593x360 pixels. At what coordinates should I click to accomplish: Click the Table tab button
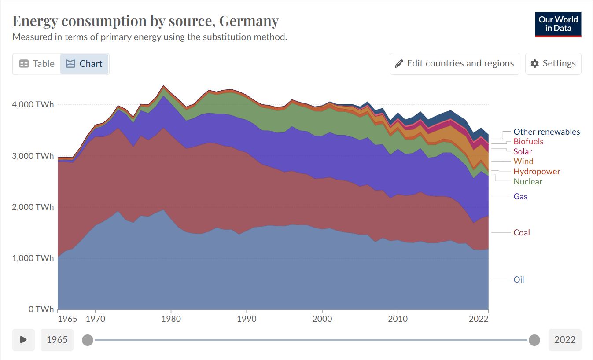click(x=37, y=64)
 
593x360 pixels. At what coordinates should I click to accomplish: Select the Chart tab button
click(x=84, y=64)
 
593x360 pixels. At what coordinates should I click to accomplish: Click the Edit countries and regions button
click(x=454, y=64)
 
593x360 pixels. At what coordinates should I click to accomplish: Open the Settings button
click(x=553, y=64)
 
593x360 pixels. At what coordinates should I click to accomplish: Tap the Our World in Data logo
click(x=558, y=24)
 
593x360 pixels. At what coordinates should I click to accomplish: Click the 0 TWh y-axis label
click(x=41, y=309)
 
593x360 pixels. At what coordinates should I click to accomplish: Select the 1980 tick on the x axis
click(x=171, y=319)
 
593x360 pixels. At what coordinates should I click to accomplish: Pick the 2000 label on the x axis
click(x=322, y=319)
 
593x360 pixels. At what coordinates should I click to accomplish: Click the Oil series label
click(x=519, y=279)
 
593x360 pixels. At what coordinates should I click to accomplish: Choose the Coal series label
click(x=522, y=232)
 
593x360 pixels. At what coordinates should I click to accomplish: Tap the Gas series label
click(x=520, y=196)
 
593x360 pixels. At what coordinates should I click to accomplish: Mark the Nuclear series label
click(x=528, y=181)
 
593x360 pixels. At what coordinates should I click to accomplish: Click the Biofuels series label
click(x=528, y=141)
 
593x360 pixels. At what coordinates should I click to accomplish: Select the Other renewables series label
click(x=546, y=132)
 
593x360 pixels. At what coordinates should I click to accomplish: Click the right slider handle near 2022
click(x=534, y=340)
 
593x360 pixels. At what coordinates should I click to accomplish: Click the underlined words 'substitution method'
click(x=244, y=37)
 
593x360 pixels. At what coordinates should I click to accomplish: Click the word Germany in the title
click(x=249, y=21)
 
